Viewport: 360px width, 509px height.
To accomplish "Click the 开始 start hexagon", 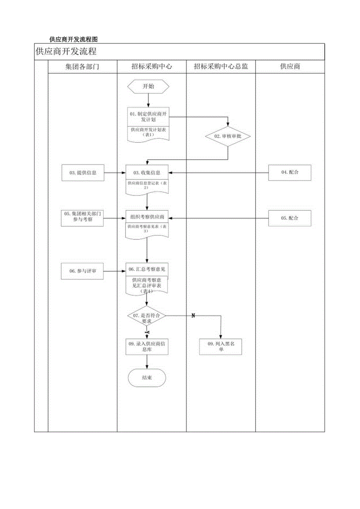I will [x=148, y=87].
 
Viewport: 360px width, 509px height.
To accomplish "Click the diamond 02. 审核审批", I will [x=228, y=136].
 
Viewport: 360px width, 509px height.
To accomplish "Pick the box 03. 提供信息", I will [x=83, y=173].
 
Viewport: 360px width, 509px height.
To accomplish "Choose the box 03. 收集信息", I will [x=147, y=173].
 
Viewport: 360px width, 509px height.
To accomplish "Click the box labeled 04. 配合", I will [x=290, y=173].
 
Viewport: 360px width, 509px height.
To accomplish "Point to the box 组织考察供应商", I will [x=147, y=217].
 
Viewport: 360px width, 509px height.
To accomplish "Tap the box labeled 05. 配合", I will [x=290, y=218].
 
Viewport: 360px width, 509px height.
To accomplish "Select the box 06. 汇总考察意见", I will [x=147, y=270].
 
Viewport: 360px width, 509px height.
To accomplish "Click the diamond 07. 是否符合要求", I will [x=147, y=318].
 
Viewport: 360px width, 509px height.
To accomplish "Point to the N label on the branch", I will [x=193, y=316].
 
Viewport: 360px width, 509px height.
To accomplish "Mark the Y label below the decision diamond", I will [x=148, y=332].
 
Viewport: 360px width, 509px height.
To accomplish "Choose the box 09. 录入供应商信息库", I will [x=147, y=347].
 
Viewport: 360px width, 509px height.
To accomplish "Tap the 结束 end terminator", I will [x=147, y=378].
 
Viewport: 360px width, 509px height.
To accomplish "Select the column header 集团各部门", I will [x=82, y=67].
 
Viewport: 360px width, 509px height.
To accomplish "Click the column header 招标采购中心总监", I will [x=221, y=67].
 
